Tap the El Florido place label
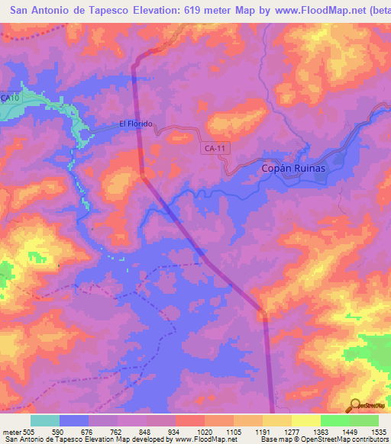136,124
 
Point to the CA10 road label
10,98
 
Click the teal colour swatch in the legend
45,420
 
